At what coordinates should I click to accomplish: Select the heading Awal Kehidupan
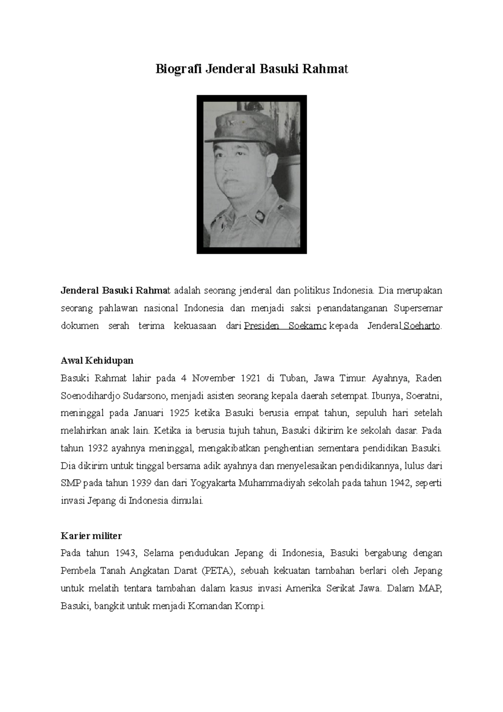[x=97, y=361]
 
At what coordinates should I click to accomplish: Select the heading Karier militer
[x=91, y=536]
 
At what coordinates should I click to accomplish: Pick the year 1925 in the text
[x=180, y=413]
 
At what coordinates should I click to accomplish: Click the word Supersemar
[x=418, y=309]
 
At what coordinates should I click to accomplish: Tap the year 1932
[x=97, y=448]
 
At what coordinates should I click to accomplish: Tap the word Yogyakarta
[x=213, y=483]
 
